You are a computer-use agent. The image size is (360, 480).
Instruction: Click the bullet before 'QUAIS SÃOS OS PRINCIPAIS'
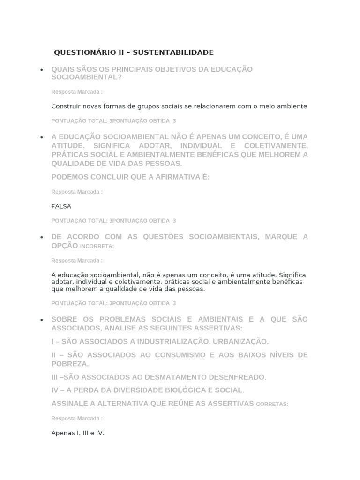point(42,70)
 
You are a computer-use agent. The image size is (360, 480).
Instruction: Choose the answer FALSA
point(61,206)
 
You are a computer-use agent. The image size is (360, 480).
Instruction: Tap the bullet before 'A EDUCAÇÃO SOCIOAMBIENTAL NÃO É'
point(42,137)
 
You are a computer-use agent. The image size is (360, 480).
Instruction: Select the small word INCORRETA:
point(97,246)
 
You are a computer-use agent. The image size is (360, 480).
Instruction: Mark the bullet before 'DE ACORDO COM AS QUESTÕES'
point(42,237)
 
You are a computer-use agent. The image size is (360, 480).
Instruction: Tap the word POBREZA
point(70,364)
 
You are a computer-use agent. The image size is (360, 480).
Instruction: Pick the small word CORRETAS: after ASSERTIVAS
point(272,404)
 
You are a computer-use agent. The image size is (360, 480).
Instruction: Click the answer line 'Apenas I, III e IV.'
point(78,433)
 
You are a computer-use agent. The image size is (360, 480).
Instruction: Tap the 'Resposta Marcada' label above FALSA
point(77,192)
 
